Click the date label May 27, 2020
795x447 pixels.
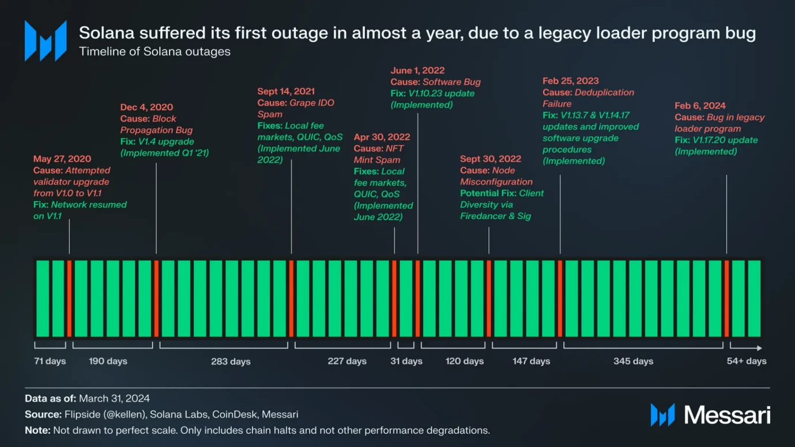(62, 159)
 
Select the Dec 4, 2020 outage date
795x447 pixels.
(146, 107)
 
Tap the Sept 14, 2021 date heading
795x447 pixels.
(286, 92)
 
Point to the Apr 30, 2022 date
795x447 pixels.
(382, 137)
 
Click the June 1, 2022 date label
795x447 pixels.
(417, 71)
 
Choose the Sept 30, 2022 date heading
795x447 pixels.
(491, 159)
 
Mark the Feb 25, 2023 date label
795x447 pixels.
(571, 81)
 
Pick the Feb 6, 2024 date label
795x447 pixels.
(700, 106)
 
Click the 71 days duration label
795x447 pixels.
(50, 361)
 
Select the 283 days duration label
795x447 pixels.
(231, 362)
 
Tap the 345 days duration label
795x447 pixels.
(634, 361)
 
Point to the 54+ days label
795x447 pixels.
(747, 361)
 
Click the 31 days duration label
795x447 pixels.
(406, 361)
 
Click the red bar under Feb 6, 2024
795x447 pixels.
(726, 298)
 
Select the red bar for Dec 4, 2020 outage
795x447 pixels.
(156, 298)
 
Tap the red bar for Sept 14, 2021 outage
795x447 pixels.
(291, 298)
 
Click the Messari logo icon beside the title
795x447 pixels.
(46, 41)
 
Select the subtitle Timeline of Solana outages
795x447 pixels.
(155, 51)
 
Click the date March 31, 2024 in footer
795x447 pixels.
(114, 399)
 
